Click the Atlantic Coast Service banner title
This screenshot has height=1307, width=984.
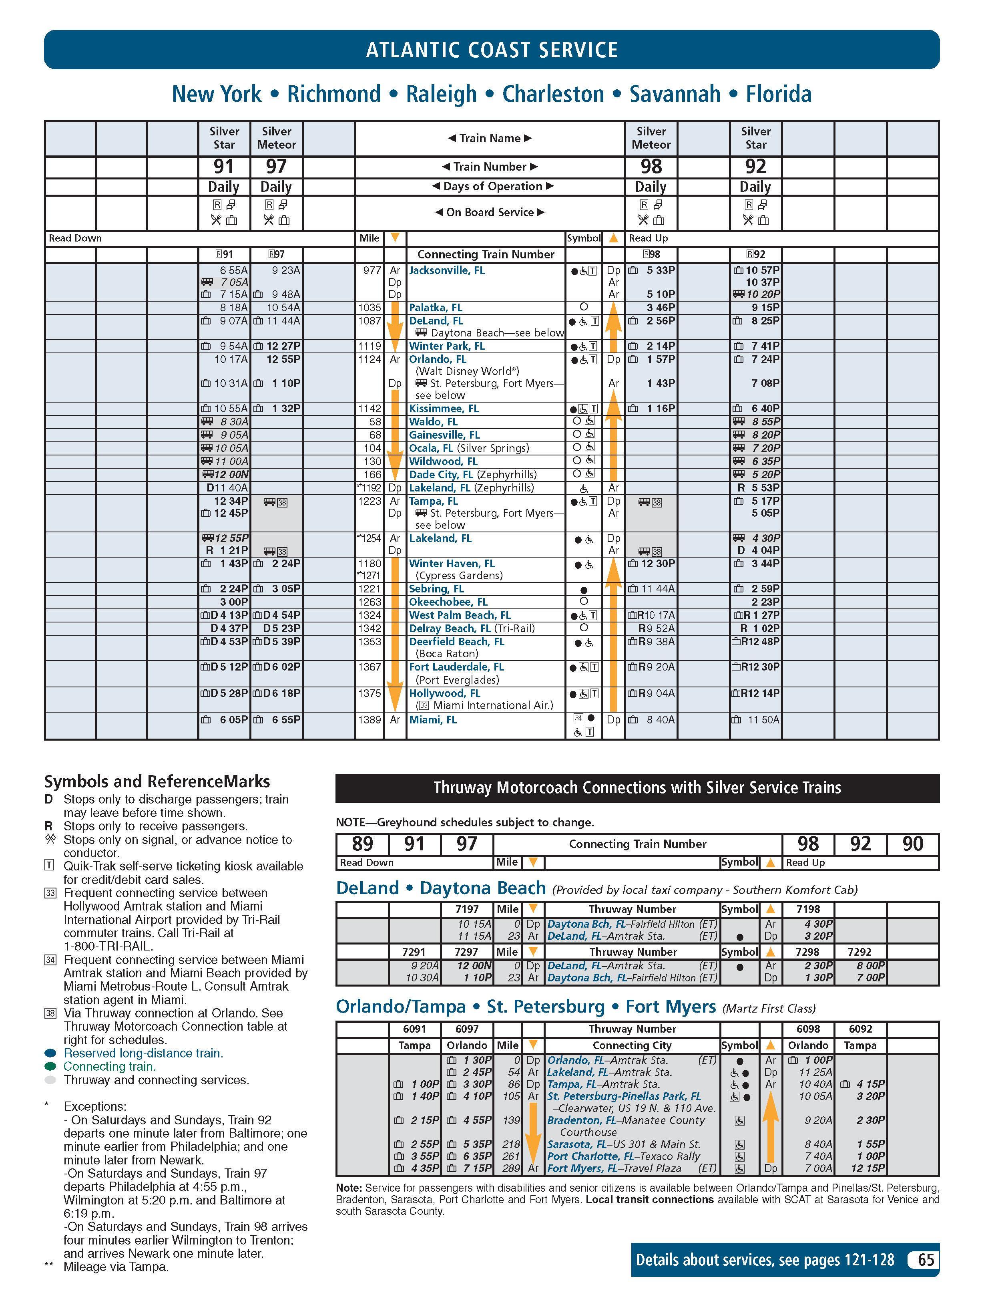tap(492, 50)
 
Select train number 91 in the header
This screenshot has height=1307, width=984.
tap(224, 167)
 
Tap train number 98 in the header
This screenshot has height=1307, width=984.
tap(651, 167)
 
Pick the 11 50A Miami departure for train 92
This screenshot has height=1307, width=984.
tap(763, 720)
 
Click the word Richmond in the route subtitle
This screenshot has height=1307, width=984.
tap(334, 94)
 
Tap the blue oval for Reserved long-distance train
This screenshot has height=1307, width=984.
tap(50, 1053)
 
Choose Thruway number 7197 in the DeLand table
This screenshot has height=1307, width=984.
tap(467, 909)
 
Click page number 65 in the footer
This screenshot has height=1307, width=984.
tap(925, 1260)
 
